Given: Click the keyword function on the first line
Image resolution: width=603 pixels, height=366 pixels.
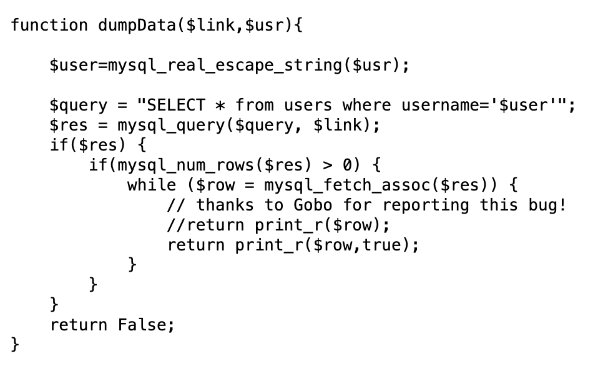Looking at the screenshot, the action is [x=49, y=26].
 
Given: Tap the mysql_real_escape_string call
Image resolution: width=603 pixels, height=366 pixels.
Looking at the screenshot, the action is [x=225, y=66].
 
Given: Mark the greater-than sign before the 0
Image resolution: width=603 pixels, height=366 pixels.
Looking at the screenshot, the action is [x=327, y=166].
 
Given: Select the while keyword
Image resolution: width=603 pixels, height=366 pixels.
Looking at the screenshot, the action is [x=152, y=185].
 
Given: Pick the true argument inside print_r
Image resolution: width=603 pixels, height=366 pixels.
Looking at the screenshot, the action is [x=383, y=245].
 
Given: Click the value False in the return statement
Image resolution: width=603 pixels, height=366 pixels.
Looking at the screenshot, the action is [x=142, y=325].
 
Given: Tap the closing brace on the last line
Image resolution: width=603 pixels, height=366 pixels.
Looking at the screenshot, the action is [x=16, y=345].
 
